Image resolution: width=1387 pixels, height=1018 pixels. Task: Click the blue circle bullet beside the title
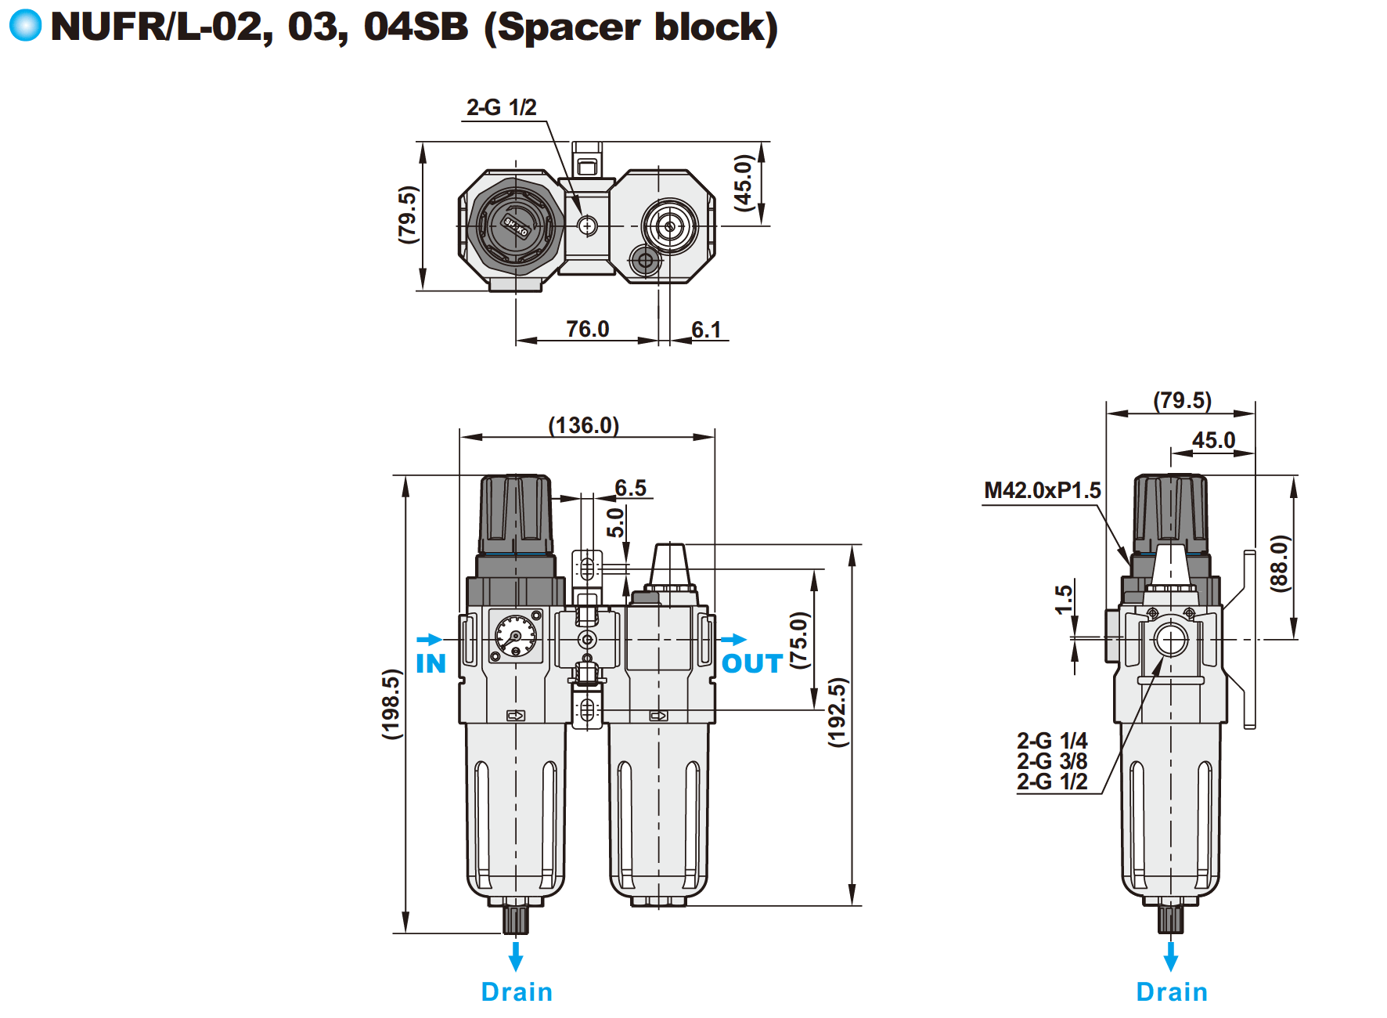click(x=25, y=25)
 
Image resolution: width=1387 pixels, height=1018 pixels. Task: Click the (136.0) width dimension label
click(x=583, y=425)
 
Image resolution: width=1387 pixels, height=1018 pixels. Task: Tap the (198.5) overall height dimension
click(x=391, y=703)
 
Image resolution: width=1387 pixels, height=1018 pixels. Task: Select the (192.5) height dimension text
click(x=838, y=712)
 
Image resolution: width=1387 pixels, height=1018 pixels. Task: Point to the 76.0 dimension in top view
click(x=587, y=329)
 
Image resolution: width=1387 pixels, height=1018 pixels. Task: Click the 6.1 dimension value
click(x=706, y=330)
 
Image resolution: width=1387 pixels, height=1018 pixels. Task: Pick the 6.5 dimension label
click(x=630, y=488)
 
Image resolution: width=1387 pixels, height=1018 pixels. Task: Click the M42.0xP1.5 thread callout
click(x=1042, y=490)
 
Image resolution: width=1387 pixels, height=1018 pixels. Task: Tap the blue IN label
click(x=431, y=664)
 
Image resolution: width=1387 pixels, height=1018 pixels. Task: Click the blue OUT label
click(x=751, y=664)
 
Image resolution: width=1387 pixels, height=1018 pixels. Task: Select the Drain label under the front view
click(x=517, y=991)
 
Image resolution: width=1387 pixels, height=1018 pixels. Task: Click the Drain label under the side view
click(x=1171, y=991)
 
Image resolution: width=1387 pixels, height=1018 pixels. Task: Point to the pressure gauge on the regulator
click(x=516, y=636)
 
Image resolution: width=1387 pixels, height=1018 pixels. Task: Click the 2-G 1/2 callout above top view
click(x=501, y=107)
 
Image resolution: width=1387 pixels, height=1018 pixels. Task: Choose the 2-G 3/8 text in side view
click(x=1052, y=761)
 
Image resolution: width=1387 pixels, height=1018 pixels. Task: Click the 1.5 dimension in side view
click(x=1063, y=600)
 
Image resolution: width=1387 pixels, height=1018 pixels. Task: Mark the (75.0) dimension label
click(x=798, y=639)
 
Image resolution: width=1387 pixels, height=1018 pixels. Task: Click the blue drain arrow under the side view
click(x=1171, y=956)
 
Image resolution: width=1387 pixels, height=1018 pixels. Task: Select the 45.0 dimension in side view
click(x=1213, y=440)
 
